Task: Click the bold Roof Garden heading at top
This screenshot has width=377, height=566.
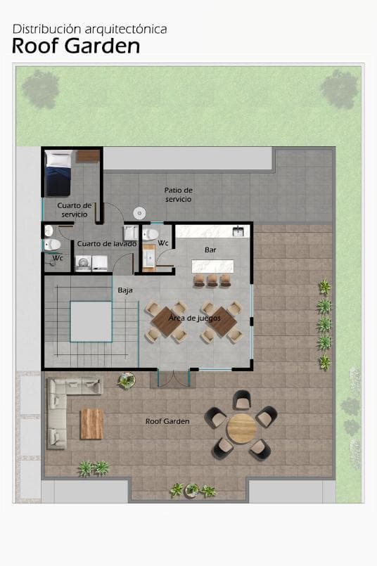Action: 76,46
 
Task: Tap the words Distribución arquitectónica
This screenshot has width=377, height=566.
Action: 90,29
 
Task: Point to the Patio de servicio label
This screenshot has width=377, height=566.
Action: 178,195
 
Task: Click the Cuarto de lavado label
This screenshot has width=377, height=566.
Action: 106,243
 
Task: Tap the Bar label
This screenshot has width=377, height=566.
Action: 210,250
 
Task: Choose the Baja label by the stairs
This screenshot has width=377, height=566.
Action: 125,289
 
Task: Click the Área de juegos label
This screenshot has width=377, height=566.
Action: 194,319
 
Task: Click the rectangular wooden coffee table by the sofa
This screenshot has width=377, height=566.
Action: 91,422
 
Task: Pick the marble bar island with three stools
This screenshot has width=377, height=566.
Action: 211,267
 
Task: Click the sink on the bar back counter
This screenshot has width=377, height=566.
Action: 238,231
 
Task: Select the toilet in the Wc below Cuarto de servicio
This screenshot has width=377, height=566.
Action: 51,245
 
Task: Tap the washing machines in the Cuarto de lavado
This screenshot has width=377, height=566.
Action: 91,263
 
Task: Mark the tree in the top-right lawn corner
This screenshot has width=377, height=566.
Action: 338,89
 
